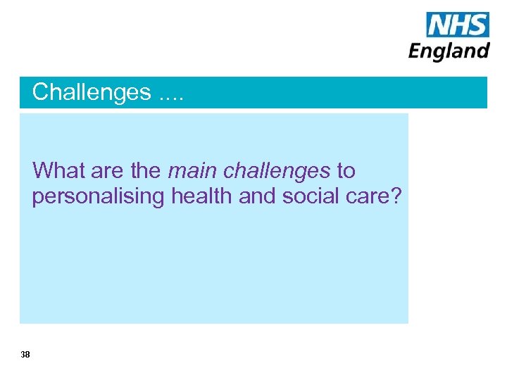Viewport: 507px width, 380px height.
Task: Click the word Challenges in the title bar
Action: pyautogui.click(x=92, y=92)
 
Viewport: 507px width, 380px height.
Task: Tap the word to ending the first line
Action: pyautogui.click(x=346, y=171)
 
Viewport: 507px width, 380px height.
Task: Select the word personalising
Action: pyautogui.click(x=98, y=197)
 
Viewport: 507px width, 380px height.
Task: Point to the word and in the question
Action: pyautogui.click(x=258, y=196)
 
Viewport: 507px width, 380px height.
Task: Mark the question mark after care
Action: pyautogui.click(x=396, y=196)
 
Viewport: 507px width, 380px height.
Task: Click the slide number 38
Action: pyautogui.click(x=25, y=355)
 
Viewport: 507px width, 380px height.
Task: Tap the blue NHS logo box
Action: pyautogui.click(x=457, y=25)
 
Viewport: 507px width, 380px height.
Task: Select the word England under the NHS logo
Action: pyautogui.click(x=449, y=51)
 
